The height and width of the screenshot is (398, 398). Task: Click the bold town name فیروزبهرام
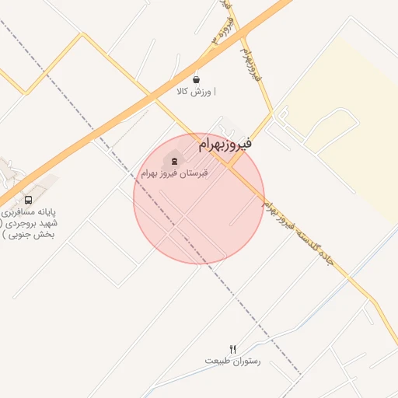tap(225, 144)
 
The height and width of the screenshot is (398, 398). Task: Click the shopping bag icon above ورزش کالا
tap(196, 79)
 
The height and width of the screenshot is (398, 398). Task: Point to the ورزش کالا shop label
tap(194, 92)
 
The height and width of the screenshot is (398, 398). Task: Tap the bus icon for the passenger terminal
tap(28, 199)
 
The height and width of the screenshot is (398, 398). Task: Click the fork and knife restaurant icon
tap(232, 348)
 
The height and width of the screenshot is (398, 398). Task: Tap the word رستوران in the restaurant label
tap(245, 361)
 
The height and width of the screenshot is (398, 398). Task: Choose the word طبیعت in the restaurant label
tap(218, 361)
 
